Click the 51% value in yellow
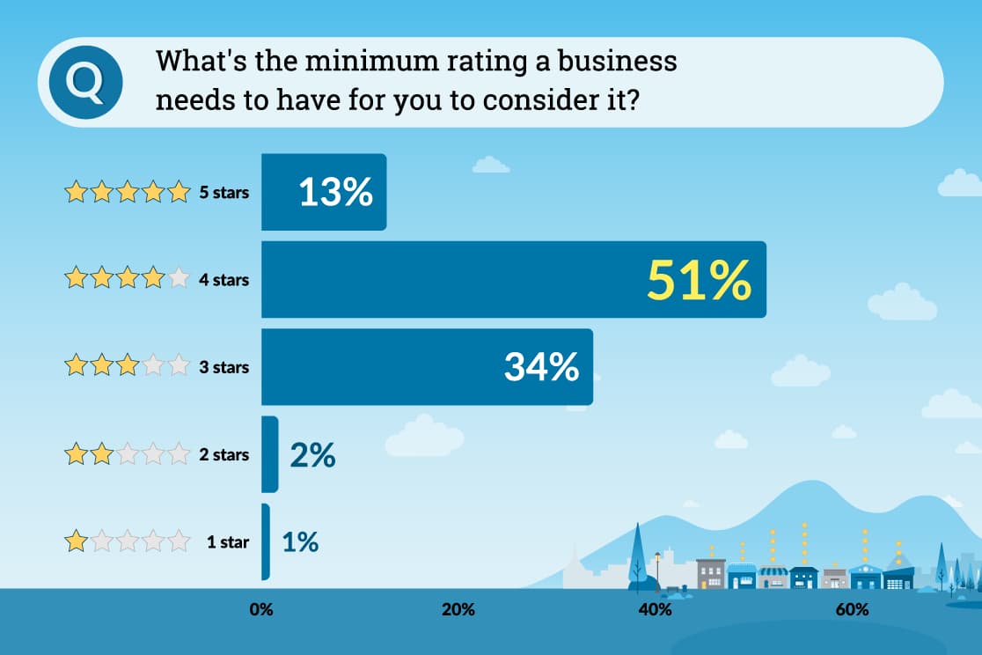[699, 280]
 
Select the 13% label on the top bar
[335, 193]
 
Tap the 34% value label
[541, 367]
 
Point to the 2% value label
[312, 454]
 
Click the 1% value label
[300, 541]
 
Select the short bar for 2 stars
[269, 454]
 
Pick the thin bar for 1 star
[266, 541]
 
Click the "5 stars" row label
[224, 193]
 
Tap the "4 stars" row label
[224, 280]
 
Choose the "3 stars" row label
[224, 367]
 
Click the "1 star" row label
[228, 542]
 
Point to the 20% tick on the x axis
[458, 609]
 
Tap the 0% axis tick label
[261, 609]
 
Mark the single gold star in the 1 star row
[77, 541]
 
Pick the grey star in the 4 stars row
[179, 279]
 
